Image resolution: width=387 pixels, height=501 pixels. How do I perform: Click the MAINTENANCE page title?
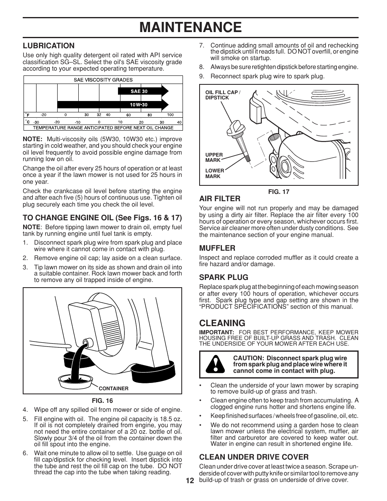coord(190,27)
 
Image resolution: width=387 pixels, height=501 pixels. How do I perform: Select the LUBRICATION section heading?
coord(49,46)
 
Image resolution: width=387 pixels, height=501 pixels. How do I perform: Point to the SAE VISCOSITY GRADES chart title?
coord(103,80)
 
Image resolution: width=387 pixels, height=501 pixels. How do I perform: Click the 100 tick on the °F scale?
coord(170,115)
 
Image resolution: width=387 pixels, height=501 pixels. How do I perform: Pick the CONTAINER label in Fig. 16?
coord(114,389)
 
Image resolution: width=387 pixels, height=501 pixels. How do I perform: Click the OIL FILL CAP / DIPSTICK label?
coord(222,95)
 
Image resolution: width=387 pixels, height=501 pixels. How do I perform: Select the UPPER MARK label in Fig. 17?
coord(214,157)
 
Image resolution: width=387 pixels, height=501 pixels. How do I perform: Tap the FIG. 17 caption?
coord(279,191)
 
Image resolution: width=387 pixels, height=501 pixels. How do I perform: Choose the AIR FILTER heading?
coord(219,199)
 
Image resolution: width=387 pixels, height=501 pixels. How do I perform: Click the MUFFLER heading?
coord(217,248)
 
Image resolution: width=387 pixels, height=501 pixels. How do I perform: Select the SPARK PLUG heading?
coord(224,277)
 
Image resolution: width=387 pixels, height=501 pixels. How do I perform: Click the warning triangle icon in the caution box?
coord(215,364)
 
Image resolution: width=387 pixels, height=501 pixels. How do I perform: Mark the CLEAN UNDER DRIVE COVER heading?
coord(254,457)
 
